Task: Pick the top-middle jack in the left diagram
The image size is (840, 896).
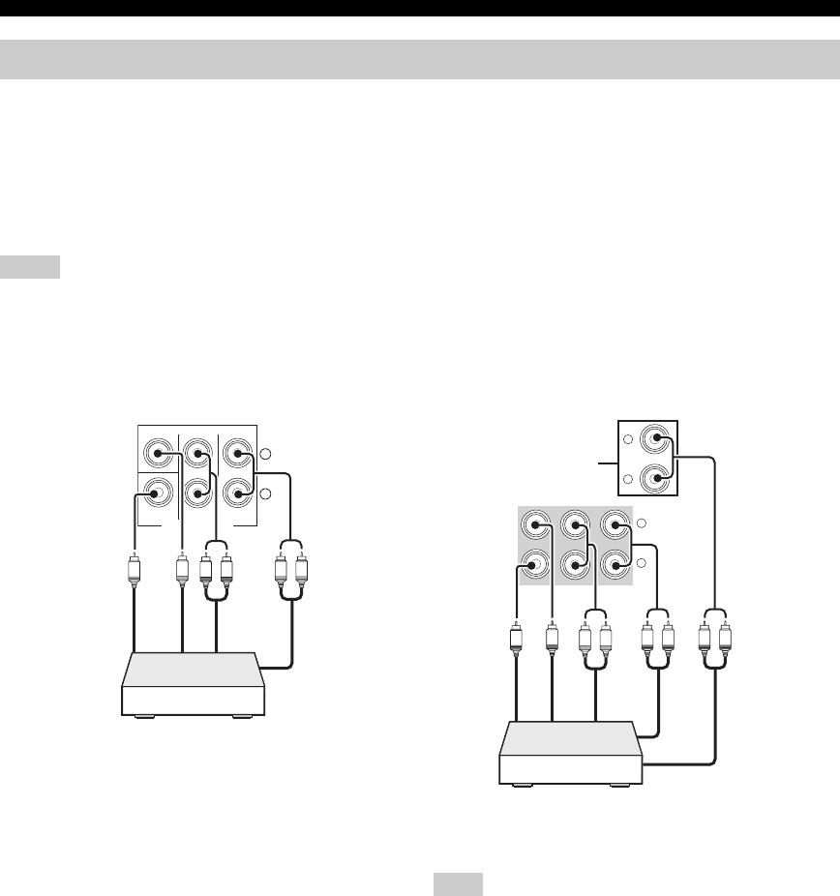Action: pyautogui.click(x=196, y=452)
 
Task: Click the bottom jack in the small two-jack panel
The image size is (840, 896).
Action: pyautogui.click(x=659, y=479)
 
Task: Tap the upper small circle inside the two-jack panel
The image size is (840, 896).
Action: pyautogui.click(x=628, y=439)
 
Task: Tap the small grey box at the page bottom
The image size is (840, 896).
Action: pyautogui.click(x=458, y=884)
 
